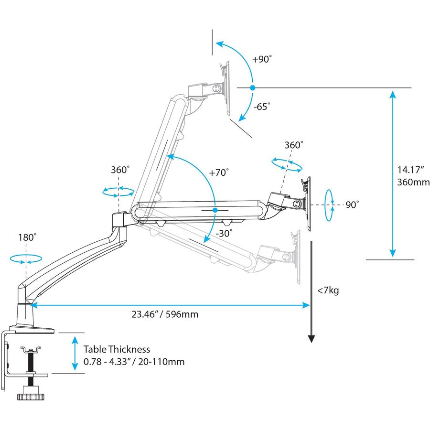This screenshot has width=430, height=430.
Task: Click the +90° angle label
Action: [x=262, y=60]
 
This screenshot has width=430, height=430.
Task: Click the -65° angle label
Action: [x=262, y=106]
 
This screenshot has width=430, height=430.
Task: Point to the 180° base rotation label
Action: [x=28, y=237]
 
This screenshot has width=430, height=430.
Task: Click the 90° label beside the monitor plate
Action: [x=352, y=204]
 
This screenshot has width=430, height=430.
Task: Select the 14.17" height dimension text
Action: [x=408, y=170]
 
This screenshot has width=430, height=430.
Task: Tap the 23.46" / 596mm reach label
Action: [x=165, y=314]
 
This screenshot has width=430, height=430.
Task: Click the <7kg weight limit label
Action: [x=328, y=290]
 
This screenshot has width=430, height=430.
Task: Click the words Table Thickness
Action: [x=117, y=349]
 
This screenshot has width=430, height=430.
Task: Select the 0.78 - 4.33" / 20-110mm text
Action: [x=134, y=362]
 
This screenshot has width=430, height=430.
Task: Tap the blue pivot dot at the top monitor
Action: [x=253, y=87]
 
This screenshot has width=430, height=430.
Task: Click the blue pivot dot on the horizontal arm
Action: [x=215, y=210]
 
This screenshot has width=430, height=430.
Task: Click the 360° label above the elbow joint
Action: [x=120, y=170]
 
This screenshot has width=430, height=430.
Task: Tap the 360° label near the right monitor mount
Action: [x=294, y=145]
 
